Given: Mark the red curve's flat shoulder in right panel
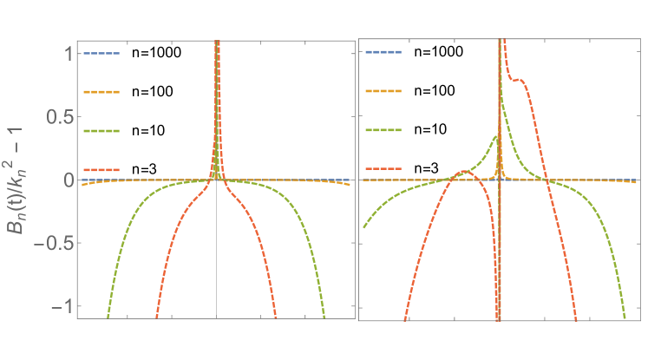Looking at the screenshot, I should point(518,81).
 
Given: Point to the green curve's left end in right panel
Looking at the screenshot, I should point(363,227).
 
